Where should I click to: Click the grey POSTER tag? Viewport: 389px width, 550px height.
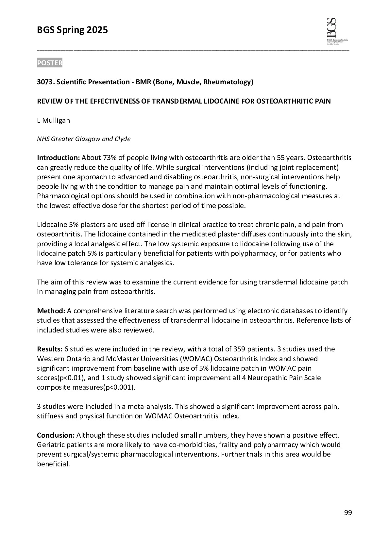pos(49,63)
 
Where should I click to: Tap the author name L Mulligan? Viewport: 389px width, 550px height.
pos(53,120)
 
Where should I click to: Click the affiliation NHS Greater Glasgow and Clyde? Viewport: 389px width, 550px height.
pos(84,139)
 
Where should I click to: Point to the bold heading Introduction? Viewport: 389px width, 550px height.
pos(58,158)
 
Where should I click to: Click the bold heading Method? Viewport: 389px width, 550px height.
pos(51,311)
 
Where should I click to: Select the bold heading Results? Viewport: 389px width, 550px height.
pos(49,349)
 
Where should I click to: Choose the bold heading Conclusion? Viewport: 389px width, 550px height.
pos(56,435)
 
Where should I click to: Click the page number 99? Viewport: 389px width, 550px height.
pos(348,513)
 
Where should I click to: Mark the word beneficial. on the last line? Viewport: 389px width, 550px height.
pos(53,464)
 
